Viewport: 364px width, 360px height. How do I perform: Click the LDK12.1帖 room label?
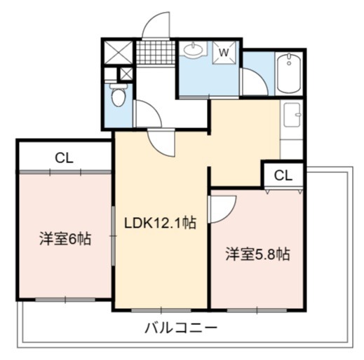(x=160, y=223)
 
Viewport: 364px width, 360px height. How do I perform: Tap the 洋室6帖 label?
(x=65, y=238)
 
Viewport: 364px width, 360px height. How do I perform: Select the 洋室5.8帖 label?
(x=257, y=254)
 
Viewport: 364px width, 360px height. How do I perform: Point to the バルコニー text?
(x=181, y=328)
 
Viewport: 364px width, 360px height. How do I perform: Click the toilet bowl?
(x=119, y=95)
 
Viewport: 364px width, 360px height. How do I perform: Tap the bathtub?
(x=289, y=73)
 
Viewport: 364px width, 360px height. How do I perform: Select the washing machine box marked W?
(x=224, y=53)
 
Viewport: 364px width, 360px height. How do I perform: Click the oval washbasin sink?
(x=193, y=49)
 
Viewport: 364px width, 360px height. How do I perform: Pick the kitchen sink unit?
(x=292, y=115)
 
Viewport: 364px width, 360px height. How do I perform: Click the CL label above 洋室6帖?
(x=65, y=158)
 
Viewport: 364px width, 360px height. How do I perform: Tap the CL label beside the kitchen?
(x=283, y=175)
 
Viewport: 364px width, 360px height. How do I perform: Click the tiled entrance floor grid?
(x=156, y=53)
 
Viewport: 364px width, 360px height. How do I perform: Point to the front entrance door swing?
(x=156, y=25)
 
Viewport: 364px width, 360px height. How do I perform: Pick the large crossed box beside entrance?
(x=118, y=52)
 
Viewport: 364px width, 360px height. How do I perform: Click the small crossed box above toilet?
(x=126, y=74)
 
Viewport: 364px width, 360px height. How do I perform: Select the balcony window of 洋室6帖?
(x=65, y=300)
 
